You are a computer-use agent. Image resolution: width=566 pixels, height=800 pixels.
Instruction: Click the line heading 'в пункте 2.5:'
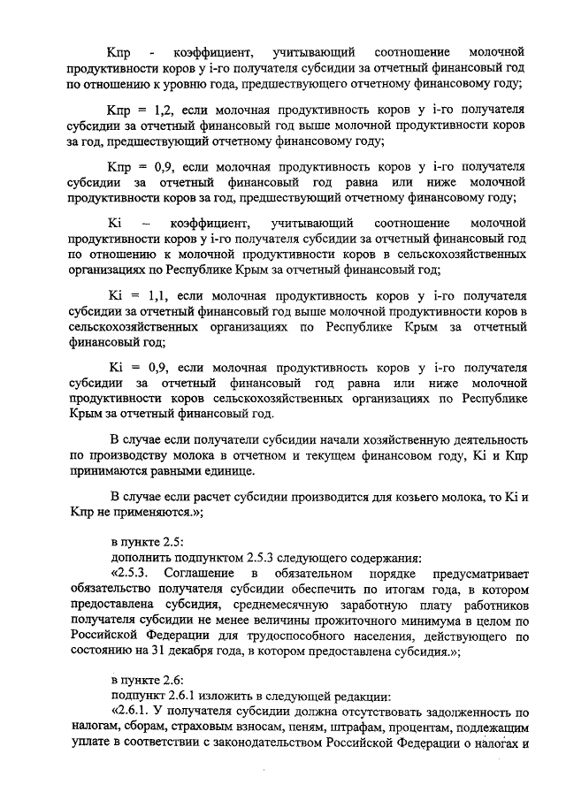pos(146,542)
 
